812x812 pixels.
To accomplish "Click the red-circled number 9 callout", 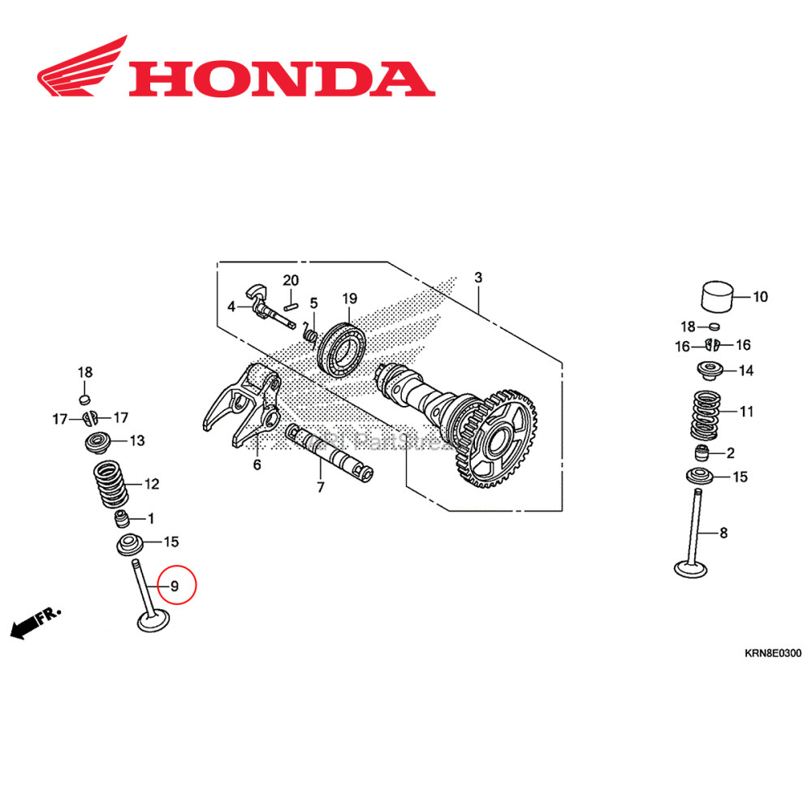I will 173,585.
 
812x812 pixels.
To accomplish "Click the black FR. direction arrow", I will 28,625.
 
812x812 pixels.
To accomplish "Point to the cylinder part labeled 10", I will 718,297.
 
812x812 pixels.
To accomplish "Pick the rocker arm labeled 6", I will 244,406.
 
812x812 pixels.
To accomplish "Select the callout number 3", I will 478,278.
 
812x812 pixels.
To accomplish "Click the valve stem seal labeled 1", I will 122,519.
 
